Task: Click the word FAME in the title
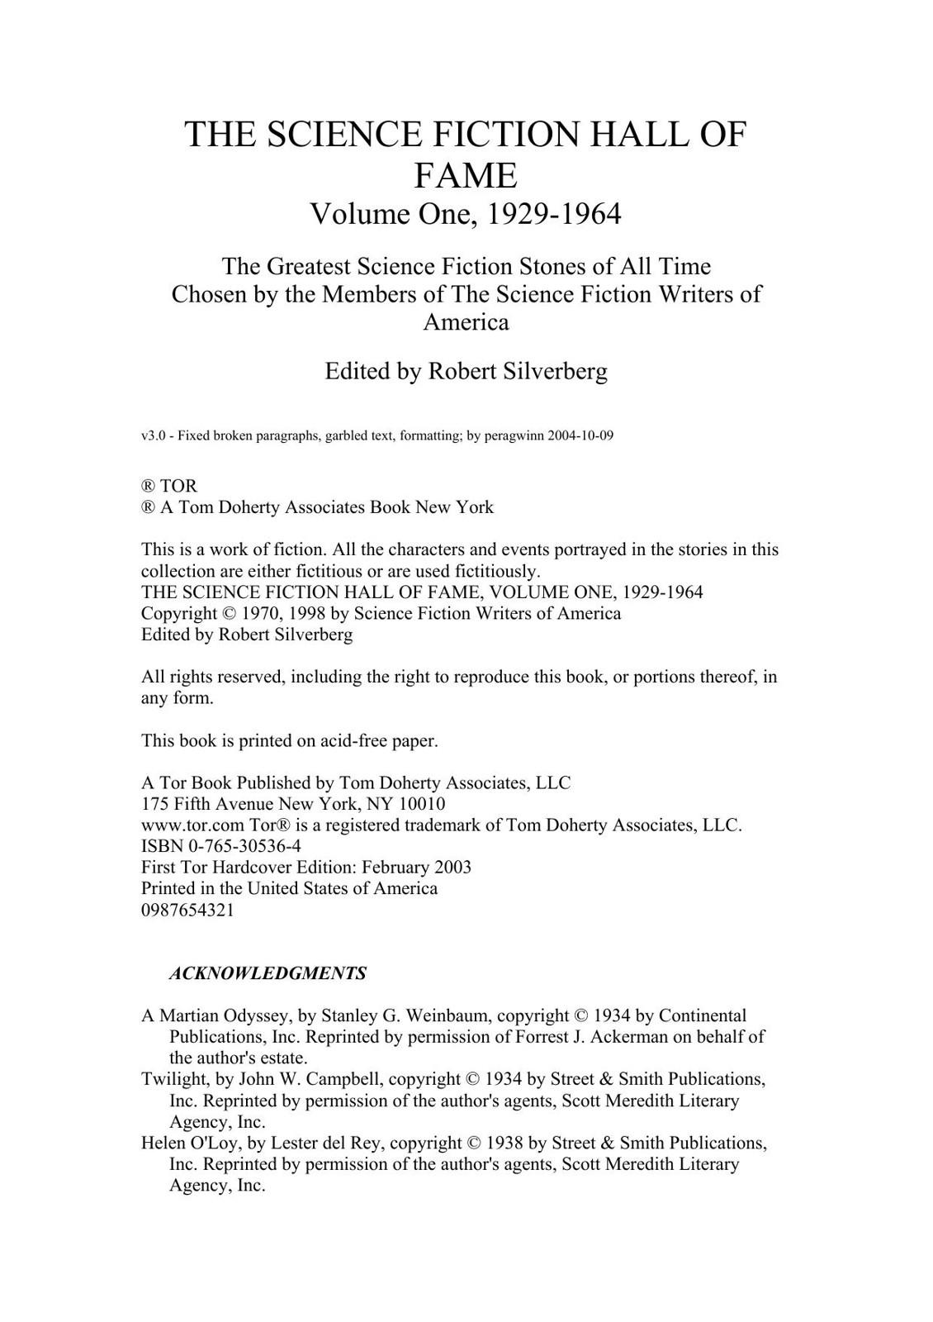pos(465,175)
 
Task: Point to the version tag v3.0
pos(153,435)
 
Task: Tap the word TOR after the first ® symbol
pos(178,486)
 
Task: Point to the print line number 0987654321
pos(187,910)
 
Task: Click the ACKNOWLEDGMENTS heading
pos(268,973)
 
